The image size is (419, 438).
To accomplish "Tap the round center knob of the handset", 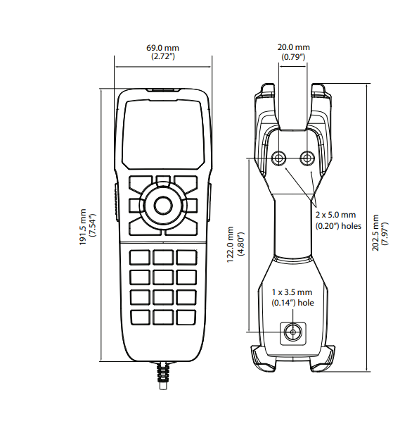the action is tap(163, 206).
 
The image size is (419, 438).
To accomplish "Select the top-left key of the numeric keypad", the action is tap(140, 257).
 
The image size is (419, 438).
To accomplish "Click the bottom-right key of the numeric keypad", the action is tap(186, 318).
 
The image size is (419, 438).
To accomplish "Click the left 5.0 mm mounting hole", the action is tap(278, 158).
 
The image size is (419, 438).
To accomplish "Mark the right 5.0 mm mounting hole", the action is tap(307, 158).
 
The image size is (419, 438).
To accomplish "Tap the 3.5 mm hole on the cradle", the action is tap(293, 332).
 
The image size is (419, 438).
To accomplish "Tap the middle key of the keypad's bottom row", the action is tap(163, 318).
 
